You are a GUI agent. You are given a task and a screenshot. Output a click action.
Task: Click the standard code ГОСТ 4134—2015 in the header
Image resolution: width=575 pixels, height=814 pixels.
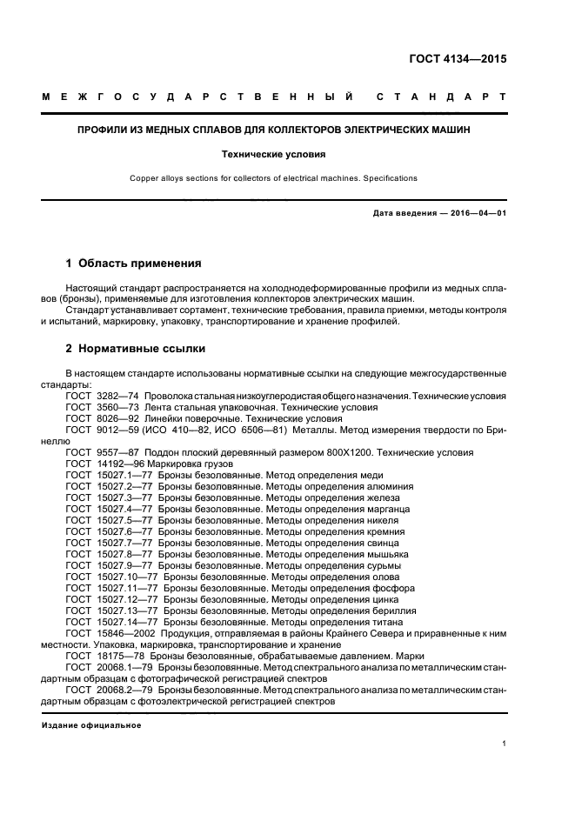tap(458, 60)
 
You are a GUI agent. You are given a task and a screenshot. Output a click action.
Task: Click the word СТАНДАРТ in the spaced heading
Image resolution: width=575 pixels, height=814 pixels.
tap(440, 96)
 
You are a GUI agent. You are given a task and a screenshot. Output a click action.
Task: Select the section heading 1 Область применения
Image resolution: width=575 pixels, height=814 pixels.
tap(134, 263)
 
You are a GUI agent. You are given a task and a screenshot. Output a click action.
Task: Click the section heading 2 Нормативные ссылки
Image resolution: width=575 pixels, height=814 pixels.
tap(137, 349)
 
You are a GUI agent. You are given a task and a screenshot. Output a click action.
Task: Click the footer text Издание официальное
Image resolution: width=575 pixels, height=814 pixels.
tap(91, 724)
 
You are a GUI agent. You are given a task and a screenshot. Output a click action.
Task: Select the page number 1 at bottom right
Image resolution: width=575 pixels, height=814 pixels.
tap(504, 744)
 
